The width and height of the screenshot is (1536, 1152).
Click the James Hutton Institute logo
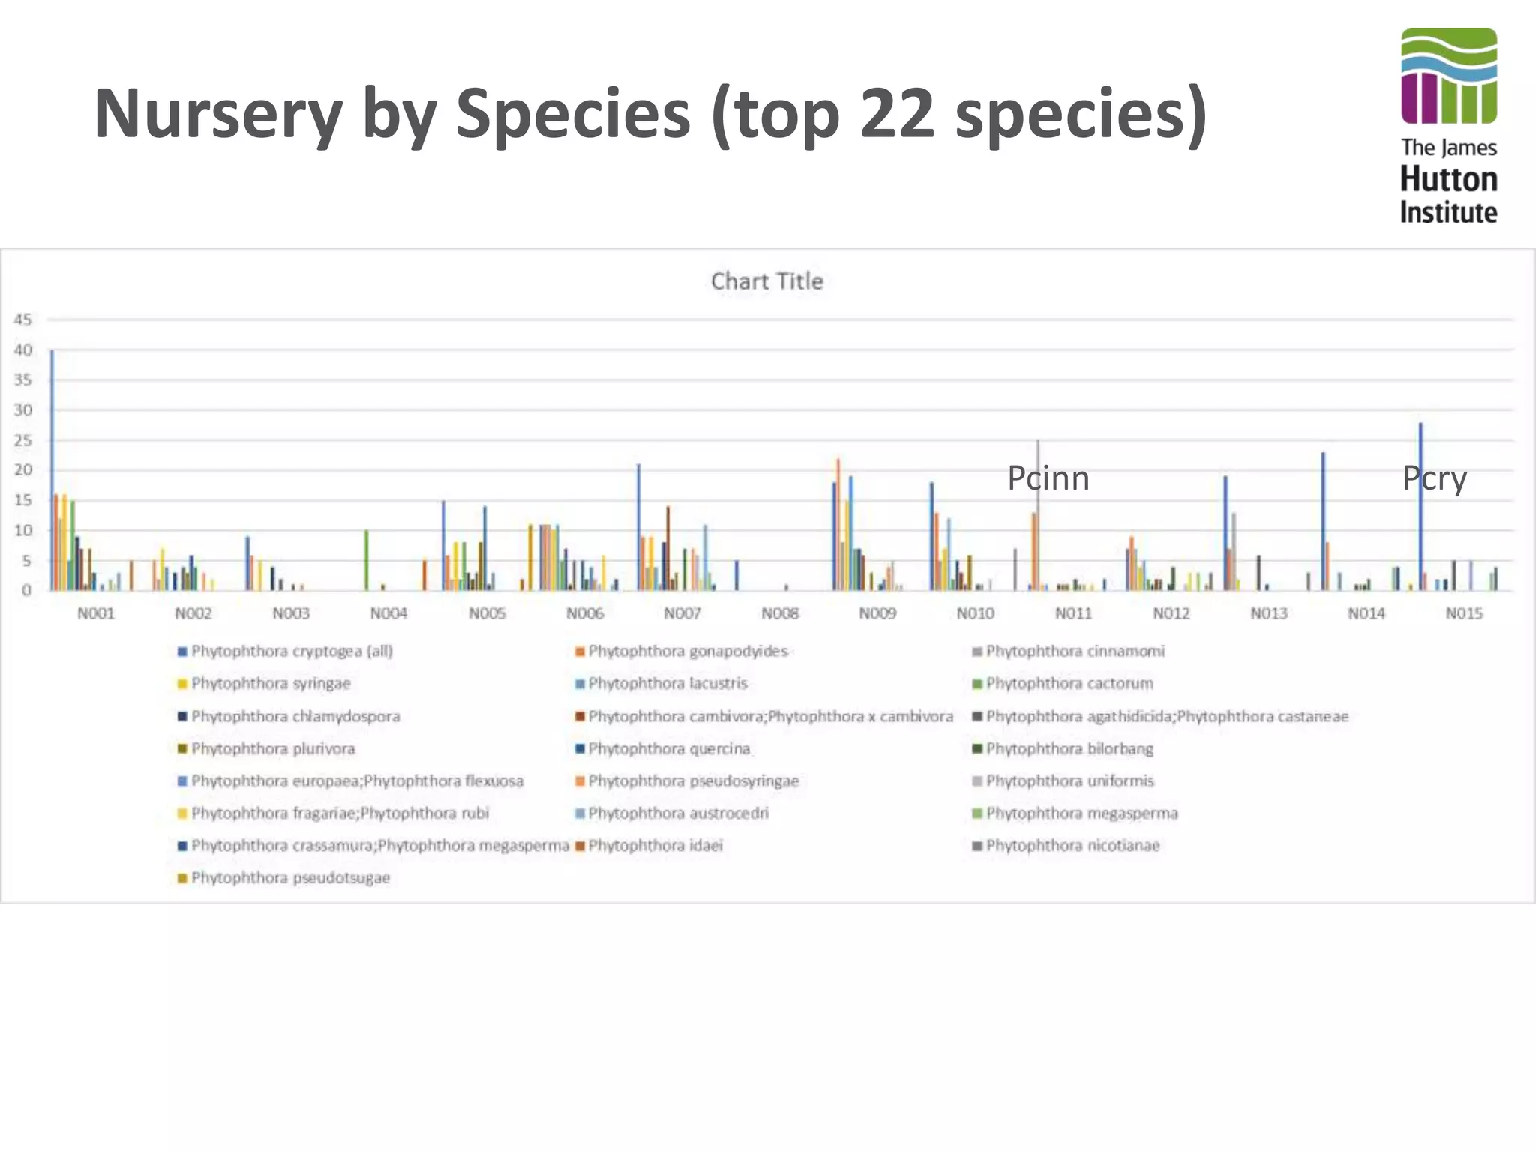coord(1448,126)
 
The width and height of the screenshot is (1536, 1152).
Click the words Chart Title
coord(766,281)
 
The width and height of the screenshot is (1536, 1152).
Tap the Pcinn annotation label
coord(1048,478)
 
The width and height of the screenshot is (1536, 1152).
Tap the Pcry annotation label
coord(1434,478)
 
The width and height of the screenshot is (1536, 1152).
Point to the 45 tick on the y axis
coord(22,319)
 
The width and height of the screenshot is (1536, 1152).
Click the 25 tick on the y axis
coord(22,440)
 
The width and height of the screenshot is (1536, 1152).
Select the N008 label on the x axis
coord(780,613)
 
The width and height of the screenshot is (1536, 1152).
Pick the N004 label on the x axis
coord(388,613)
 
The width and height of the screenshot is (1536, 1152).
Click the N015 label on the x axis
coord(1464,613)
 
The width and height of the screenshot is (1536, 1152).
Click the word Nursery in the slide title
coord(217,114)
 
